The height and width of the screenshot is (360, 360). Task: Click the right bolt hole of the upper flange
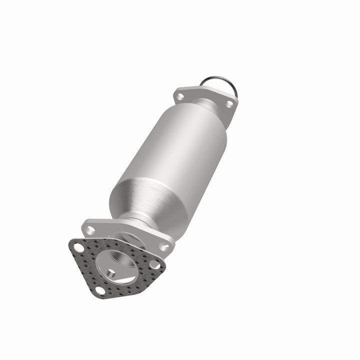pos(229,104)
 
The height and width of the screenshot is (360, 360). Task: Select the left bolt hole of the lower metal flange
pos(90,230)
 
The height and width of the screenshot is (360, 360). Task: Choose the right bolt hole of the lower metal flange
pos(163,245)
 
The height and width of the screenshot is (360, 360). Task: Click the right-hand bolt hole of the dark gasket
pos(154,265)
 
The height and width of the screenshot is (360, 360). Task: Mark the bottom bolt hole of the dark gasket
pos(100,290)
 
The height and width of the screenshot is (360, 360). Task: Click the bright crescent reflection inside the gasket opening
pos(128,279)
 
